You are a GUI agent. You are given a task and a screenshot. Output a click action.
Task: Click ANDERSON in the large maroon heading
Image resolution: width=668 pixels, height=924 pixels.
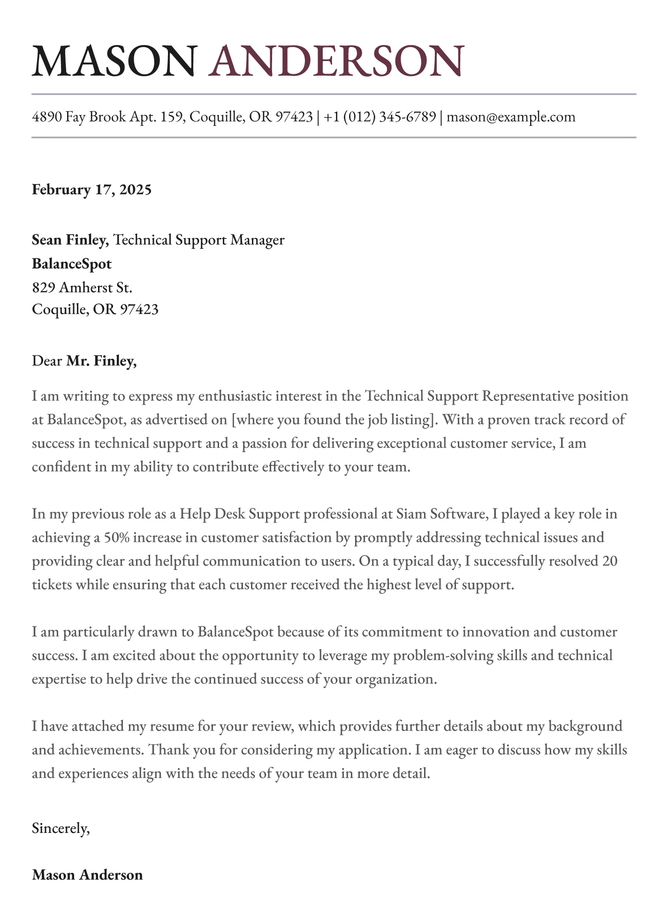(336, 61)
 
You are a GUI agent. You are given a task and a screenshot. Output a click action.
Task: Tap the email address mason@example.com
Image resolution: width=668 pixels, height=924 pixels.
(511, 116)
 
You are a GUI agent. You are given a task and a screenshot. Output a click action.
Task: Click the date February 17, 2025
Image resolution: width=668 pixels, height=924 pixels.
(92, 190)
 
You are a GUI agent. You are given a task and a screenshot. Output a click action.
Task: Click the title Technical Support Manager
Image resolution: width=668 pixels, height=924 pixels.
(199, 240)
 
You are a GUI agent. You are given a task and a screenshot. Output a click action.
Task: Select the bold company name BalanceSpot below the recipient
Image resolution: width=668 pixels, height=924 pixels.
(72, 263)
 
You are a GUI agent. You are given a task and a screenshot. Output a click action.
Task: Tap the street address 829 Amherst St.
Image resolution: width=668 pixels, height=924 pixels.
(82, 287)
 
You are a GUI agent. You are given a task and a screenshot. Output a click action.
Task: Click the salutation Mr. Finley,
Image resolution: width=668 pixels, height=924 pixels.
(101, 361)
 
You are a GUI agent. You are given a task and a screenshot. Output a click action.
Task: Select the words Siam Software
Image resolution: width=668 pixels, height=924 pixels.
(440, 514)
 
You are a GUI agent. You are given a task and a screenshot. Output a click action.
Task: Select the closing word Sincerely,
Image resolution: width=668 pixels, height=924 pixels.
(61, 828)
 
